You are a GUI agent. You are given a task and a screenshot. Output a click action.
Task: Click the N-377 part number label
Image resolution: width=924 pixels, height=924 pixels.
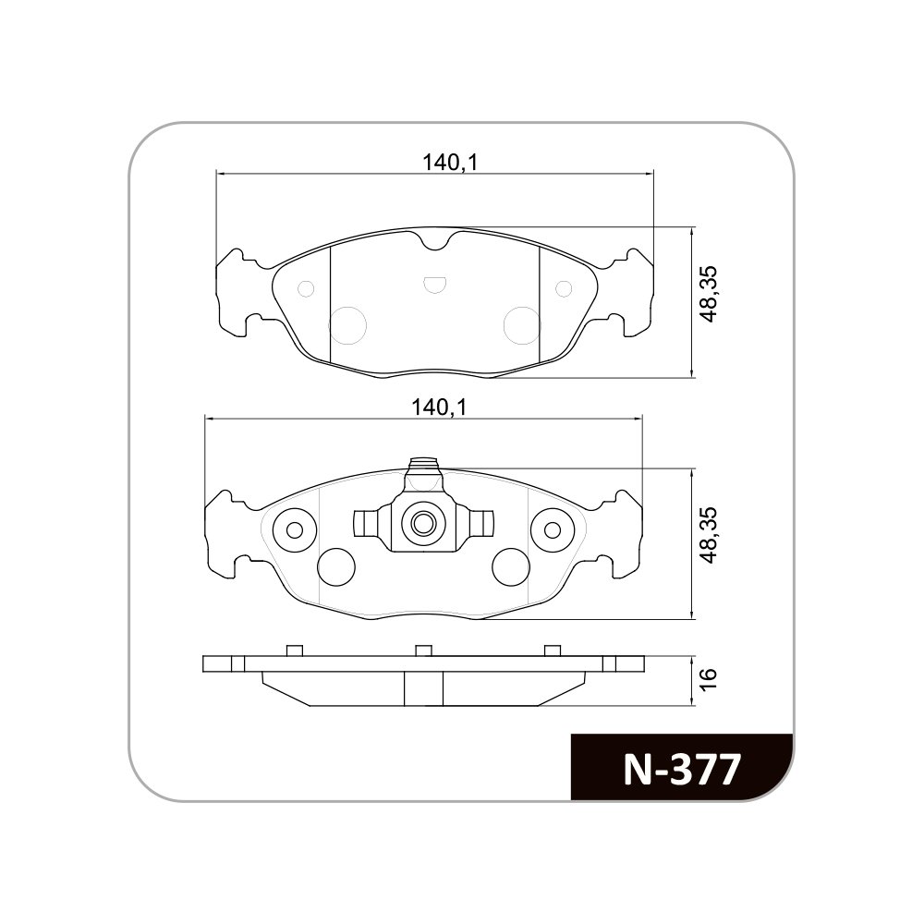(x=681, y=769)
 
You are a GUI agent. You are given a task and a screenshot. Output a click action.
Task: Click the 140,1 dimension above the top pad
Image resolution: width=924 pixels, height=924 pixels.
(x=449, y=162)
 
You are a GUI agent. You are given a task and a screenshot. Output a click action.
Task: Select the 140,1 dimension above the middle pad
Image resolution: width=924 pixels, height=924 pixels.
(x=439, y=407)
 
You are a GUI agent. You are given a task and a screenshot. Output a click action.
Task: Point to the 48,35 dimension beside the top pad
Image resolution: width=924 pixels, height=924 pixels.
(x=709, y=294)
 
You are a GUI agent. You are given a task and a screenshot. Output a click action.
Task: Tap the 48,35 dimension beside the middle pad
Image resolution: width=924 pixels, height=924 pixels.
(x=709, y=534)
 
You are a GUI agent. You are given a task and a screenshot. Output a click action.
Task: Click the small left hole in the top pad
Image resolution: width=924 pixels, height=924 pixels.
(x=307, y=288)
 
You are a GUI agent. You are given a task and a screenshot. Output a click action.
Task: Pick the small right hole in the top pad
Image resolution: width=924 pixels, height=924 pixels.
(x=564, y=288)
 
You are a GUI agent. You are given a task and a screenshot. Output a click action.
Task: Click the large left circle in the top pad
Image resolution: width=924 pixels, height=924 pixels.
(x=347, y=325)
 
